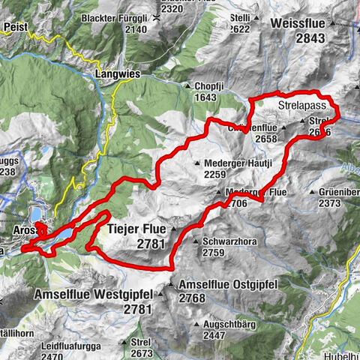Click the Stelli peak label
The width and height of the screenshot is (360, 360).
coord(240,18)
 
